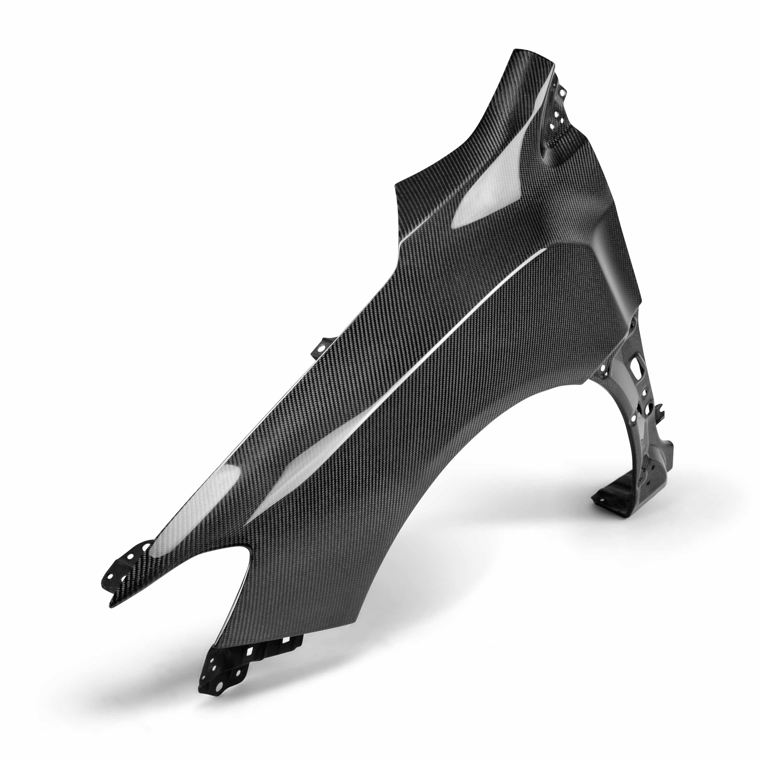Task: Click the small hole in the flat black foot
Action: [x=599, y=496]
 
